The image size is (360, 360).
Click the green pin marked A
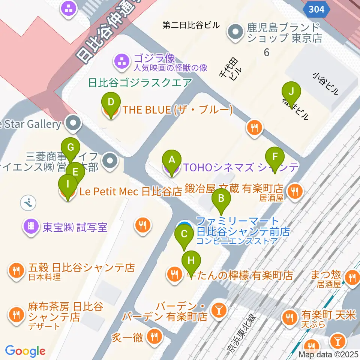click(171, 160)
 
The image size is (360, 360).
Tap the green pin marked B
click(221, 198)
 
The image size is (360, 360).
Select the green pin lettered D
click(111, 103)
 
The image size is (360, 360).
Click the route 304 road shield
click(317, 9)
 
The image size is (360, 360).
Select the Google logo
click(25, 351)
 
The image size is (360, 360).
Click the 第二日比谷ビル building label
click(190, 25)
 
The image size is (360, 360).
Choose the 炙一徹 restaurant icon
click(154, 336)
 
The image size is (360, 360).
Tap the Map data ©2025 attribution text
click(328, 354)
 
